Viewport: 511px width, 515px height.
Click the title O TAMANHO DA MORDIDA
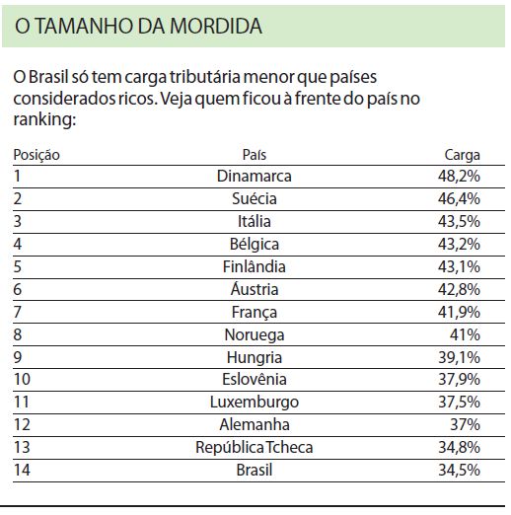tap(139, 26)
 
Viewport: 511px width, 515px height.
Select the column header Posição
tap(36, 155)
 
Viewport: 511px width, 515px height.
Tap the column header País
tap(255, 155)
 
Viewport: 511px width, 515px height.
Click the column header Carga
tap(462, 155)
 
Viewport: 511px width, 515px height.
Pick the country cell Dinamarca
tap(255, 177)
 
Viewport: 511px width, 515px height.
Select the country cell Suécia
tap(255, 198)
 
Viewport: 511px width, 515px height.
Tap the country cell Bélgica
tap(255, 244)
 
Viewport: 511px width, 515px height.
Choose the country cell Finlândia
tap(255, 266)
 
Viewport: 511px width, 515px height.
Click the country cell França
tap(255, 312)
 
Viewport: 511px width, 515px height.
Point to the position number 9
tap(19, 357)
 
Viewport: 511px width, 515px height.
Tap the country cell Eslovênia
tap(255, 380)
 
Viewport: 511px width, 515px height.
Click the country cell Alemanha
tap(255, 425)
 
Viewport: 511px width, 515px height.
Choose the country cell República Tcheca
tap(255, 448)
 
